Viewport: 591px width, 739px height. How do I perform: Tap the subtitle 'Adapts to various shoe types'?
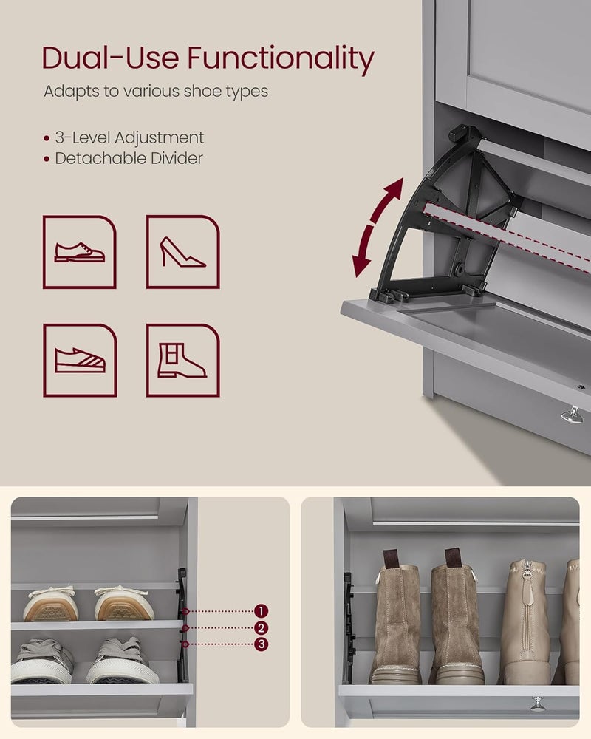point(155,92)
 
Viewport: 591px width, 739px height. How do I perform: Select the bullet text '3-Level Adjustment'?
point(129,137)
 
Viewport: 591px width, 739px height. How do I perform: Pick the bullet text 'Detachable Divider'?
point(129,158)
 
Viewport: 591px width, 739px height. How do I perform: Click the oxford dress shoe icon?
point(79,252)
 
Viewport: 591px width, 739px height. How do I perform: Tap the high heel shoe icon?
point(182,252)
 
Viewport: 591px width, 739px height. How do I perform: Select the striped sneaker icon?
point(79,360)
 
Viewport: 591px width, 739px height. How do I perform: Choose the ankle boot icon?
point(182,360)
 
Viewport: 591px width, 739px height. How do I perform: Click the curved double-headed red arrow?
point(378,227)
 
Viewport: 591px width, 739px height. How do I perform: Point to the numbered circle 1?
point(261,611)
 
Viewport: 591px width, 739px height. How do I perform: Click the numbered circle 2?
point(261,628)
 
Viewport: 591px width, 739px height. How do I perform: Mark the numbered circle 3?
point(261,644)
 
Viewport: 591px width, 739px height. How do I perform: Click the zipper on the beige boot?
point(527,591)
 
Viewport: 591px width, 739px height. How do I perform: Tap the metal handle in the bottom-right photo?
point(538,703)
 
